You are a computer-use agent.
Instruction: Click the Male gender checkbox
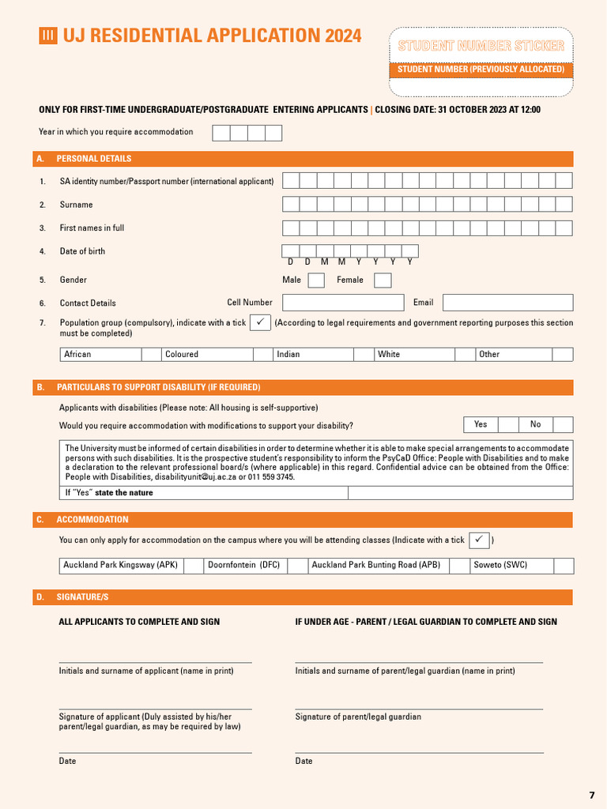(316, 280)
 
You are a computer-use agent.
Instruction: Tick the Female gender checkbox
(383, 280)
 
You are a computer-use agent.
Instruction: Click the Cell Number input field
(343, 303)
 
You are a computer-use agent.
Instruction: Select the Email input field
(507, 303)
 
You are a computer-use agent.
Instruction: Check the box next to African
(152, 355)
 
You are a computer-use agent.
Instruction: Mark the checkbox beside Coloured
(263, 355)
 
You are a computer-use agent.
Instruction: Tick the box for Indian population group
(364, 355)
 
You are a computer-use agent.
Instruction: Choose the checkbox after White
(465, 355)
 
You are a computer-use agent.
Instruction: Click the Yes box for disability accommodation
(508, 425)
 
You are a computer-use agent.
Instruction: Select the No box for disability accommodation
(563, 425)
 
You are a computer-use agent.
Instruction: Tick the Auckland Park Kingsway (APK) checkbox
(194, 566)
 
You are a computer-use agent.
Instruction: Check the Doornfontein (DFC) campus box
(297, 566)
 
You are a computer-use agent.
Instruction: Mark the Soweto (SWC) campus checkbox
(564, 566)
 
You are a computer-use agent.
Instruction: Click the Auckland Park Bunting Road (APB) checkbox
(458, 566)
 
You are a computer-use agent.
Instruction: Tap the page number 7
(592, 795)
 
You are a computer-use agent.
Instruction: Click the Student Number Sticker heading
(481, 46)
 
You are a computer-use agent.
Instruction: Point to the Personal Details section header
(94, 159)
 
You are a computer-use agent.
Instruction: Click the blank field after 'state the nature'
(460, 493)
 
